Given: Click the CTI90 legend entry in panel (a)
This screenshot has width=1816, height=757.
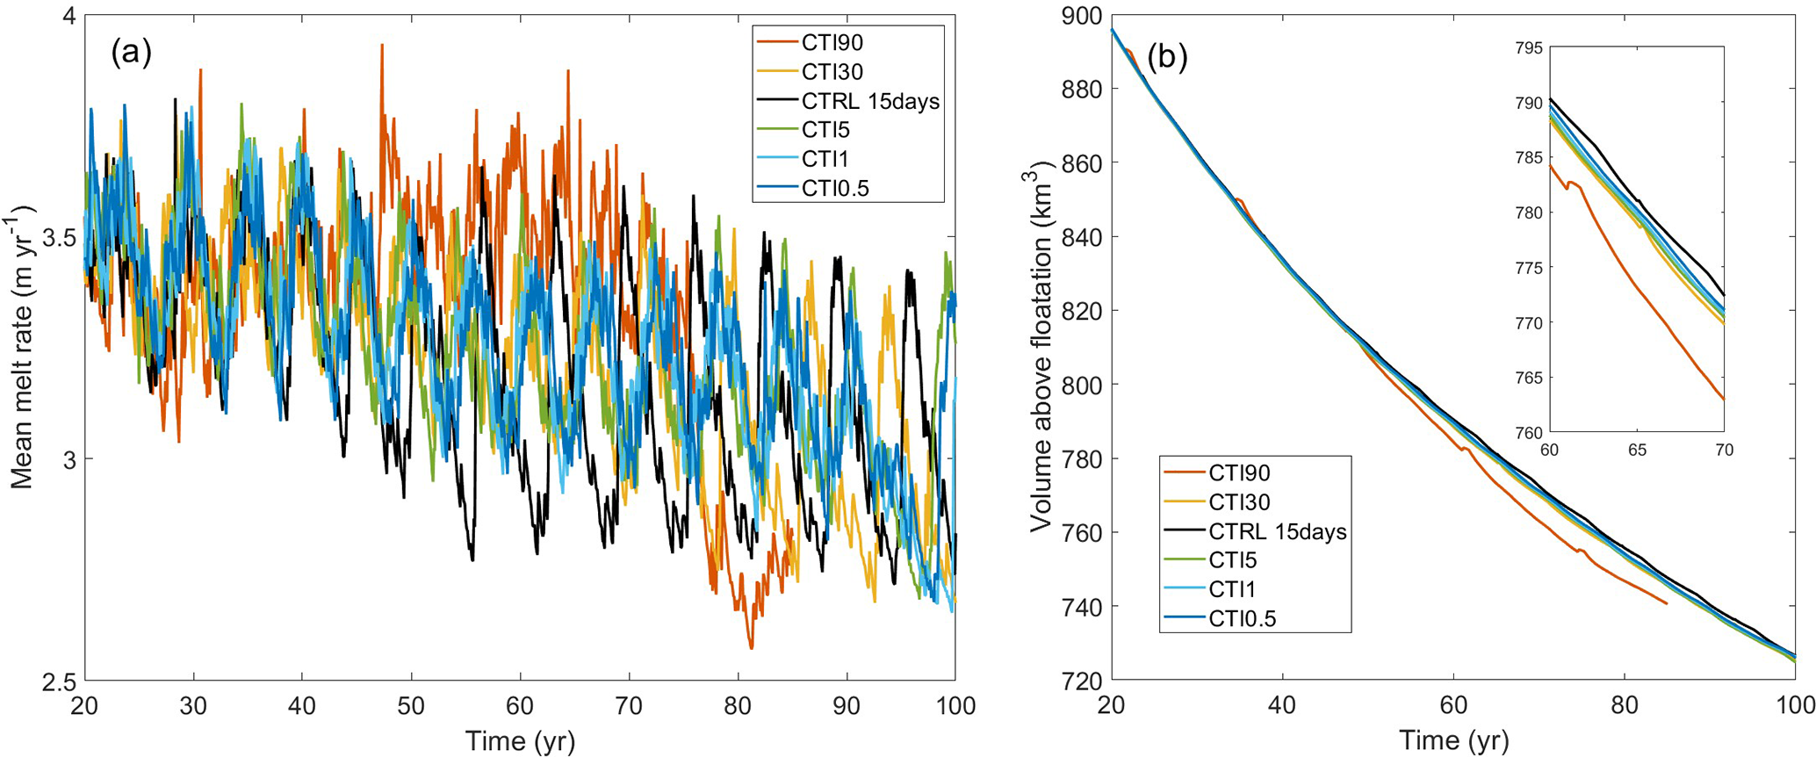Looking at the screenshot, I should click(832, 42).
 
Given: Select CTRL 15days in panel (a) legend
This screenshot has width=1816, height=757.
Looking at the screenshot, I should click(869, 101).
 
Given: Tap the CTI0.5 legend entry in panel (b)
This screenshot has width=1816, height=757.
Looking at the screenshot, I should click(1242, 619).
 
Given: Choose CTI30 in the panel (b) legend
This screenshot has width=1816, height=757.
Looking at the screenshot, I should click(1239, 502).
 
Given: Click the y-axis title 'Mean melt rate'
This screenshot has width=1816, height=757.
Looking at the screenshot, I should click(24, 349).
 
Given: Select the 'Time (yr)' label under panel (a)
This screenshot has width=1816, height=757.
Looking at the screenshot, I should click(520, 740).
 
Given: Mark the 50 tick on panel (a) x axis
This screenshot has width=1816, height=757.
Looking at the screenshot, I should click(411, 705).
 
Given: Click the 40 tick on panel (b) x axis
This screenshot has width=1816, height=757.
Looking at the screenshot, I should click(1282, 705).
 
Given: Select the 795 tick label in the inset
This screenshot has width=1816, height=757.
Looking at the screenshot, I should click(1528, 47).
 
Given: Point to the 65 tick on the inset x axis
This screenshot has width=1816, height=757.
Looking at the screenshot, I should click(1637, 451).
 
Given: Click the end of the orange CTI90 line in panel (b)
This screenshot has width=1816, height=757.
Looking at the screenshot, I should click(1666, 603).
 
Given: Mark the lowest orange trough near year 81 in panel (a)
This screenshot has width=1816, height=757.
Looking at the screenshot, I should click(751, 647).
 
